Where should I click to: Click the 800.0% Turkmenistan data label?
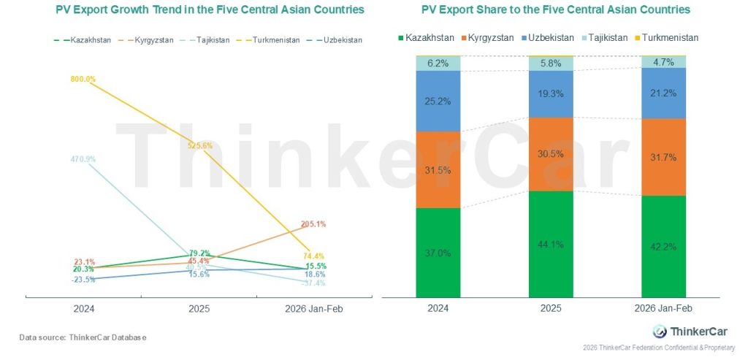[x=84, y=79]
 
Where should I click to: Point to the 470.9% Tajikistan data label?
[x=83, y=158]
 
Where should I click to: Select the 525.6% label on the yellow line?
[x=199, y=145]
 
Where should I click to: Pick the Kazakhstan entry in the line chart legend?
[x=83, y=39]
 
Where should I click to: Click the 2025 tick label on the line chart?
[x=198, y=309]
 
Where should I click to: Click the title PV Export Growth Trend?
[x=199, y=11]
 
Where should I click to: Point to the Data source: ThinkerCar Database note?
[x=83, y=337]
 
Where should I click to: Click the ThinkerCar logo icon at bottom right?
[x=659, y=331]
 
